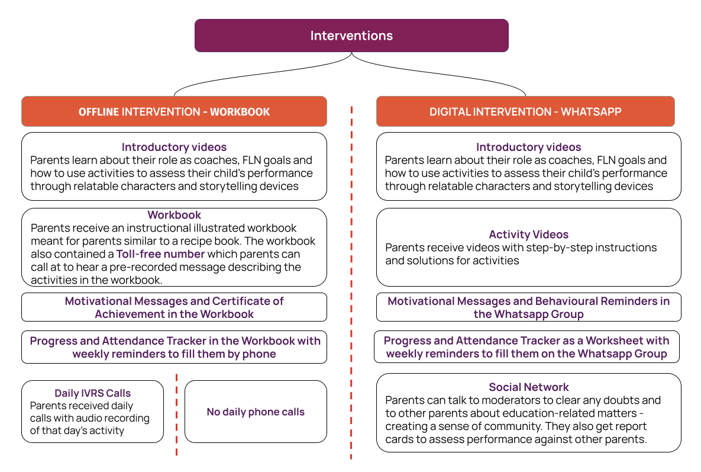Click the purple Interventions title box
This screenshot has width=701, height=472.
click(351, 36)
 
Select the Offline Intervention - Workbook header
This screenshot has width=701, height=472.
click(174, 111)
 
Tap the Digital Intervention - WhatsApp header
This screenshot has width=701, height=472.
click(525, 111)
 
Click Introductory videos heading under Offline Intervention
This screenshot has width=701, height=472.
click(174, 147)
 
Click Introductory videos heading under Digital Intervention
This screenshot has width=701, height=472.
click(528, 147)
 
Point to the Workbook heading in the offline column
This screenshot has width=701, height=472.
click(174, 215)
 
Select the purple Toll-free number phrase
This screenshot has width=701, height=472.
click(160, 254)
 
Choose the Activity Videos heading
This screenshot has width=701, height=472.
click(528, 235)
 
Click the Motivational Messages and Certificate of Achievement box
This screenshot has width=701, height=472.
click(174, 307)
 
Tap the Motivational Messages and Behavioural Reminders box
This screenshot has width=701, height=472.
click(528, 307)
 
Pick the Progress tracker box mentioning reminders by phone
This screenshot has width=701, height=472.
click(174, 347)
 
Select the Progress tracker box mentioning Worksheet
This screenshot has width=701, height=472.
click(526, 347)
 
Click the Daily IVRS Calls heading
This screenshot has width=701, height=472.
click(92, 393)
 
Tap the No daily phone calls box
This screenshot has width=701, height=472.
click(256, 412)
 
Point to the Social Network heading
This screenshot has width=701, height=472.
click(528, 387)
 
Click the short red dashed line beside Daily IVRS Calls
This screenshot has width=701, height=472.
click(176, 415)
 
